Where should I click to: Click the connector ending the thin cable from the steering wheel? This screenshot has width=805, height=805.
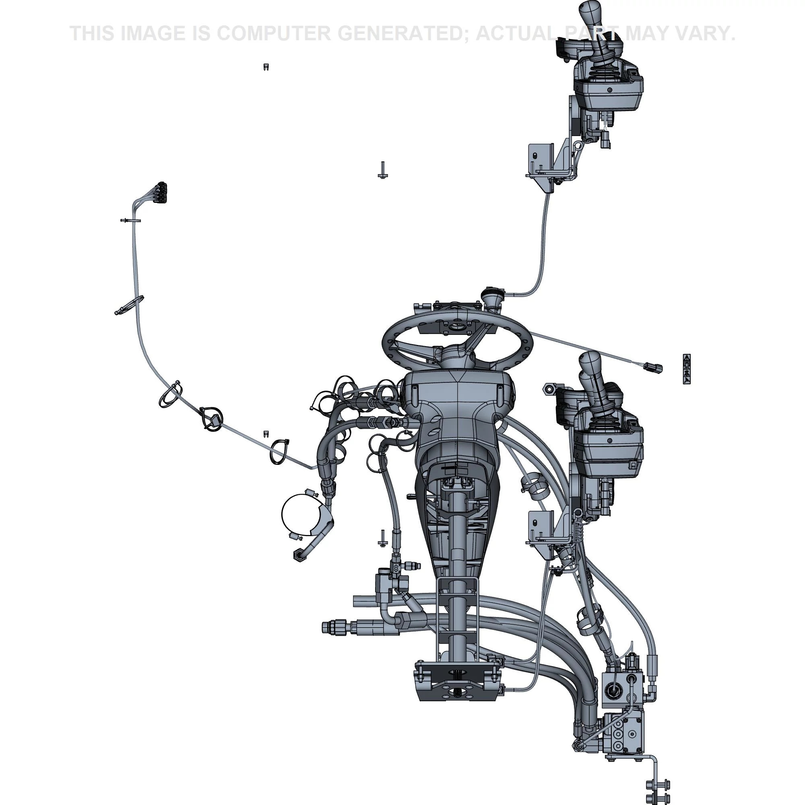click(x=653, y=367)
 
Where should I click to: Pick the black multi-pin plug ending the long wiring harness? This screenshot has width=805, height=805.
click(x=161, y=192)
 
